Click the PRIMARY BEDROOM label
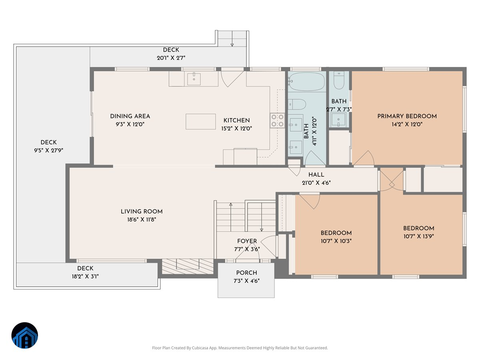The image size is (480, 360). point(407,116)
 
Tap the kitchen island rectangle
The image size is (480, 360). point(200,121)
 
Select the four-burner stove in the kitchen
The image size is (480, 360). point(277,120)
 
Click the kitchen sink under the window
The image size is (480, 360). point(194,79)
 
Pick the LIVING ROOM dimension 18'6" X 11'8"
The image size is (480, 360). point(142,219)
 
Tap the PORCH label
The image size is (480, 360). point(246,272)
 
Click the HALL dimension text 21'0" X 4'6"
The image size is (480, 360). point(316,182)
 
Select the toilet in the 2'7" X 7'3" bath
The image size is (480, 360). point(339,80)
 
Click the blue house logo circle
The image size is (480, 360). point(24,335)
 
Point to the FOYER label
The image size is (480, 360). point(247,241)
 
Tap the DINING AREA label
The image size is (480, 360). point(130,116)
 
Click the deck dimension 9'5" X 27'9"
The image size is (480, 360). point(48,150)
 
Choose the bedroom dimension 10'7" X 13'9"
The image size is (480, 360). point(418,236)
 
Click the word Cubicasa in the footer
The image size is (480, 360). point(200,348)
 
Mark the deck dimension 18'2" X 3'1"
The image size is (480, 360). point(85,276)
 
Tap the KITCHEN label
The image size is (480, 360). point(236,120)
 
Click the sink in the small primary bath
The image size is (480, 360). point(338,120)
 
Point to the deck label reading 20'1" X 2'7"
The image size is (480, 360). point(171,58)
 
